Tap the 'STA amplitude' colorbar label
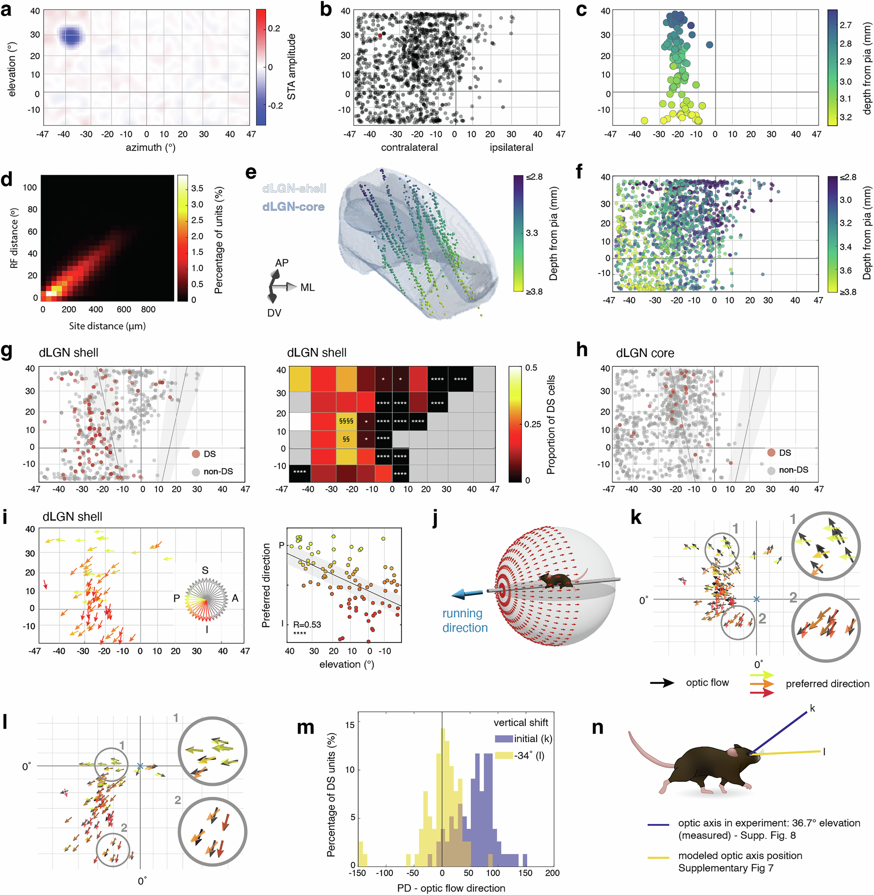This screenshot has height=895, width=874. point(291,66)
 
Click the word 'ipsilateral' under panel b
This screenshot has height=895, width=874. point(511,147)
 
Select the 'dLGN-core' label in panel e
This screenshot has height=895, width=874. point(293,207)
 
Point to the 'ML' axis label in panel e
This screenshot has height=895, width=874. point(307,287)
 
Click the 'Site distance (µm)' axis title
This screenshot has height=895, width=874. point(107,326)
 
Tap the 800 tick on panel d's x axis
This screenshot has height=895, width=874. point(148,309)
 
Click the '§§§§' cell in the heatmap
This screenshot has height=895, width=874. point(346,420)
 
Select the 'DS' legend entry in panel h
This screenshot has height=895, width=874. point(784,453)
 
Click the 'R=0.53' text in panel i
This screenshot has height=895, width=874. point(307,624)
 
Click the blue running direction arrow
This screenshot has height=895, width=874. point(467,593)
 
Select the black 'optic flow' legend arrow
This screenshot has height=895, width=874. point(662,683)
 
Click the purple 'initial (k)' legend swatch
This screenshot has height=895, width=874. point(503,739)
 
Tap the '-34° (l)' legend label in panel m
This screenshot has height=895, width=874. point(529,756)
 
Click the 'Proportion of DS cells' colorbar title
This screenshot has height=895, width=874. point(550,424)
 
